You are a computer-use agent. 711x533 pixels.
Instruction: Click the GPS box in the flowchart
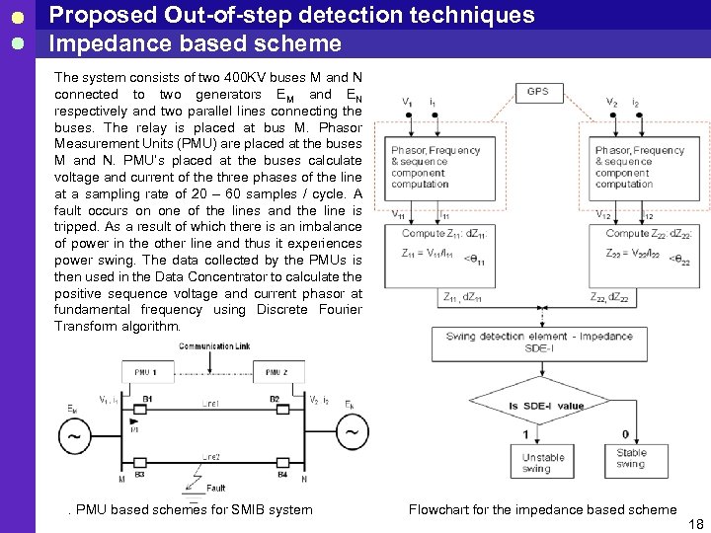pyautogui.click(x=537, y=92)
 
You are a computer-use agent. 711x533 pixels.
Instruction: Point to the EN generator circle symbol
pyautogui.click(x=352, y=432)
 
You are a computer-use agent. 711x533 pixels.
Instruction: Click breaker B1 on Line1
pyautogui.click(x=147, y=406)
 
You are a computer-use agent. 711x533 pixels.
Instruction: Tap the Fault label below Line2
pyautogui.click(x=216, y=488)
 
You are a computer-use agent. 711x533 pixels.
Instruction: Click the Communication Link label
pyautogui.click(x=214, y=346)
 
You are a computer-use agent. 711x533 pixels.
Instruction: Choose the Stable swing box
pyautogui.click(x=631, y=458)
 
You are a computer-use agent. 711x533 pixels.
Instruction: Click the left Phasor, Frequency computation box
pyautogui.click(x=435, y=167)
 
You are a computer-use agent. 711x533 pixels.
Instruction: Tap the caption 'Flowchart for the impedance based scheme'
pyautogui.click(x=542, y=509)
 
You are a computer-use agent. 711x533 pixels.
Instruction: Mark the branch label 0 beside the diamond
pyautogui.click(x=625, y=434)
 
